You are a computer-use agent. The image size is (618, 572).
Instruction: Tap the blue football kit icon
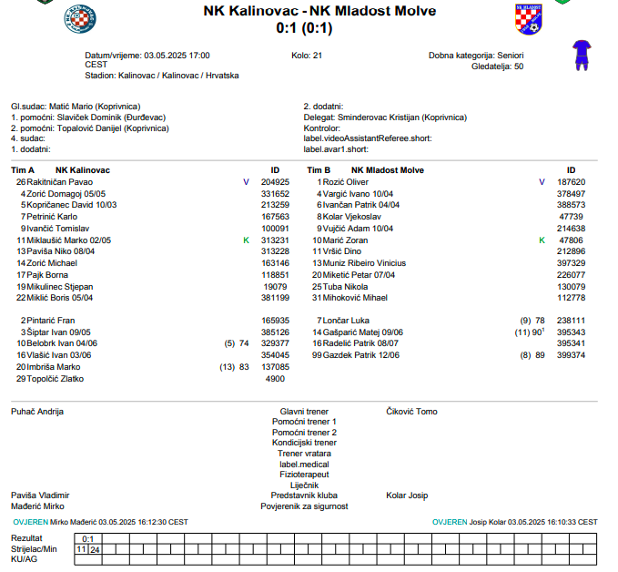581,55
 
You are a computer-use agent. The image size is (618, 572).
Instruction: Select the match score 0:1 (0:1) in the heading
308,28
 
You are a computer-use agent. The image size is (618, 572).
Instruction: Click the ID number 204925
275,182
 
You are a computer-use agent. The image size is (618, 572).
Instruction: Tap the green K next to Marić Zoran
542,240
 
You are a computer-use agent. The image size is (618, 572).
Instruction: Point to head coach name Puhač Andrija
36,412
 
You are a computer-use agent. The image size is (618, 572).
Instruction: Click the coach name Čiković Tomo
411,412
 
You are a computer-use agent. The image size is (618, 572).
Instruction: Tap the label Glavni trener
304,412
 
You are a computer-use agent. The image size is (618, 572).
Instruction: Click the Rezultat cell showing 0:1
87,539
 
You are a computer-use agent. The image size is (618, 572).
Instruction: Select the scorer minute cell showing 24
95,549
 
